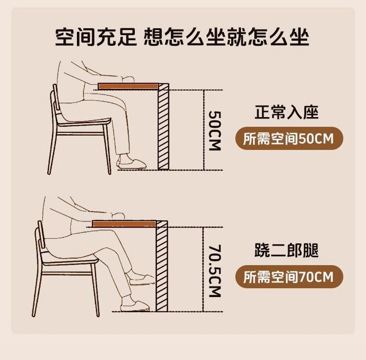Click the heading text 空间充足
(x=96, y=37)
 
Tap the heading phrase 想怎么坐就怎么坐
(x=226, y=37)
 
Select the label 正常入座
(x=287, y=112)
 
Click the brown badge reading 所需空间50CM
(x=289, y=138)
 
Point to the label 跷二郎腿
(x=287, y=250)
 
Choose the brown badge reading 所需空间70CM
(x=289, y=277)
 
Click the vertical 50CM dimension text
(x=215, y=131)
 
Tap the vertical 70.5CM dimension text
(x=215, y=271)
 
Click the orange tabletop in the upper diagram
(x=128, y=86)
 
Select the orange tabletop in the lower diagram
(x=124, y=224)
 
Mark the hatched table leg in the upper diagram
(x=164, y=127)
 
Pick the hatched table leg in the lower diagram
(x=162, y=266)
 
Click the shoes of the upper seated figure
(x=132, y=162)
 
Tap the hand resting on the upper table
(x=128, y=79)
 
